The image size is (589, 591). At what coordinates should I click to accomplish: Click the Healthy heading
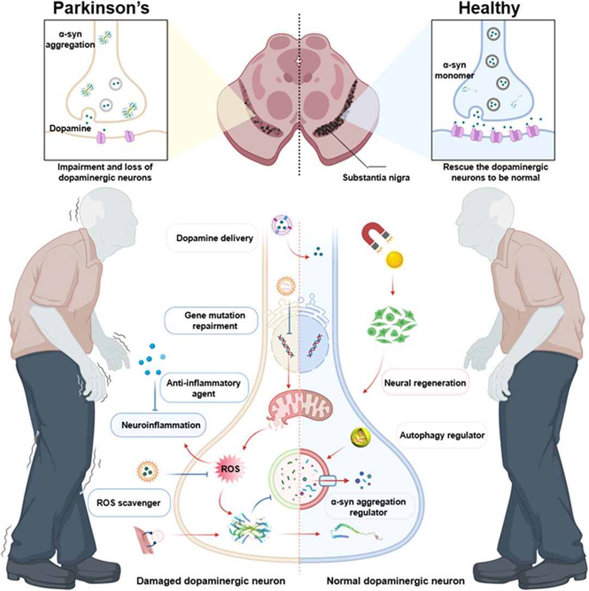pos(489,9)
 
